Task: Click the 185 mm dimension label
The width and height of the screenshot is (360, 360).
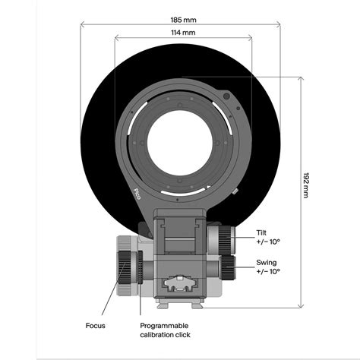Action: (183, 20)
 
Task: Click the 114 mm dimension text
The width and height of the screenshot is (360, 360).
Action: (183, 33)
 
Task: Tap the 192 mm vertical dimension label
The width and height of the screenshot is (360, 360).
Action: (306, 185)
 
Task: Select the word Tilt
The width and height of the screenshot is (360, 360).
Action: (261, 232)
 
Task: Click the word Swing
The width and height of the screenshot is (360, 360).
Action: (267, 263)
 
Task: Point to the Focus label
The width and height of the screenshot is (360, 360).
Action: (95, 326)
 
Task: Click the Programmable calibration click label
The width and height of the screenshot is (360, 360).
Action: (165, 330)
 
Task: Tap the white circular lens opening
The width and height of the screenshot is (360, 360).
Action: (180, 143)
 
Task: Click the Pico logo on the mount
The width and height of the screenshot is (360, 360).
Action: (137, 194)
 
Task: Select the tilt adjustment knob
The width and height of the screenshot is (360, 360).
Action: (225, 240)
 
